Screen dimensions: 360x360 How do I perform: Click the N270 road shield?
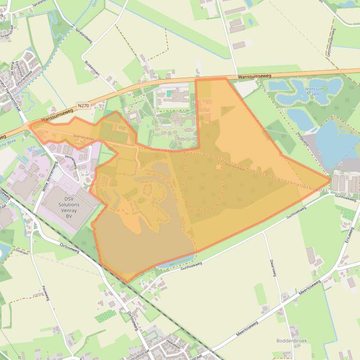point(83,106)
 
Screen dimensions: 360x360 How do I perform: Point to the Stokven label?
point(22,252)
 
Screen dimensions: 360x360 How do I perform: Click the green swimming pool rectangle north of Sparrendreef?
point(168,94)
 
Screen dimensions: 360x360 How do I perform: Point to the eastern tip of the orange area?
point(331,179)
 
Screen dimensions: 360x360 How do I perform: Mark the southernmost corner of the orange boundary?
point(126,282)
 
